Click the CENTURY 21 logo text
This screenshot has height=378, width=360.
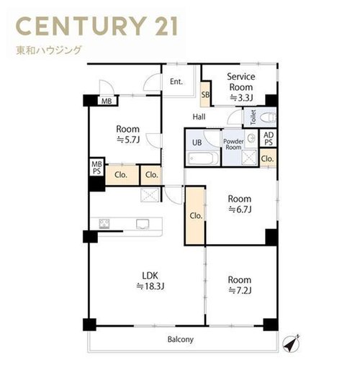point(97,26)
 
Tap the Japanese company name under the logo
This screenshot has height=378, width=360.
point(49,50)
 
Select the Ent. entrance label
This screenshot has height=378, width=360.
point(176,81)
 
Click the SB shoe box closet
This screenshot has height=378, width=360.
point(205,94)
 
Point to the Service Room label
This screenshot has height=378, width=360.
point(241,82)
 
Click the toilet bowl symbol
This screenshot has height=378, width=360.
point(269,117)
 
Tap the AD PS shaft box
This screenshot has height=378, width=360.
point(269,138)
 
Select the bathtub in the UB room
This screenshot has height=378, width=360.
point(202,158)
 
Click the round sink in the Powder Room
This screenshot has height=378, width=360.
point(252,138)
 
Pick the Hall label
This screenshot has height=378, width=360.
point(199,117)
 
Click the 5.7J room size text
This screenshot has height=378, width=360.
point(128,140)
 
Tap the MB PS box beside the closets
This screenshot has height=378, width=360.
point(96,168)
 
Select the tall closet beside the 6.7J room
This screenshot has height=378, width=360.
point(195,216)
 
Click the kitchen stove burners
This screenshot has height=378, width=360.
point(104,223)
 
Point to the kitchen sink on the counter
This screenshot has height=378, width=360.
point(143,224)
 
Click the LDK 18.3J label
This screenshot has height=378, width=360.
point(150,281)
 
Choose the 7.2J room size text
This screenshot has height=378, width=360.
point(240,291)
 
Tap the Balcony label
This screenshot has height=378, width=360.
point(181,339)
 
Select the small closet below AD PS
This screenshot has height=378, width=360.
point(268,158)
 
